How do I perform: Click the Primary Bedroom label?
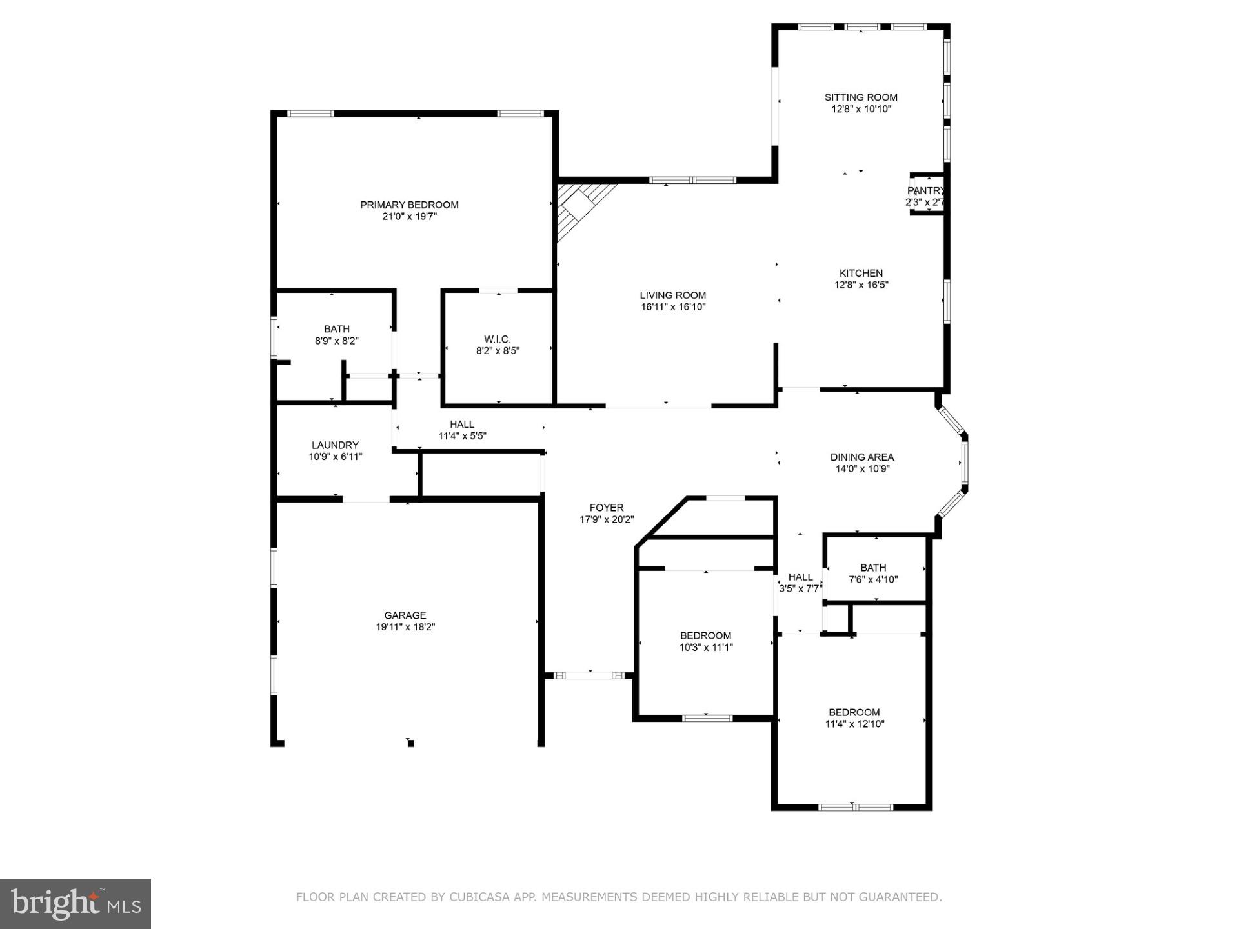tap(409, 205)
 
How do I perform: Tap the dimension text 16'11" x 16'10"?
tap(673, 307)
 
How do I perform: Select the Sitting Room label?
tap(861, 97)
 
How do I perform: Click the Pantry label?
tap(925, 191)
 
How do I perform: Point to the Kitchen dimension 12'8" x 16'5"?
tap(861, 285)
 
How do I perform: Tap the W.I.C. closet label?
tap(497, 339)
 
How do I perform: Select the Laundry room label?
tap(335, 445)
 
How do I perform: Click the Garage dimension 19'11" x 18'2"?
tap(405, 627)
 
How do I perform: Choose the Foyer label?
tap(606, 508)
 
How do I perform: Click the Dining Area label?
tap(861, 457)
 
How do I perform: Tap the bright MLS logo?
tap(76, 904)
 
